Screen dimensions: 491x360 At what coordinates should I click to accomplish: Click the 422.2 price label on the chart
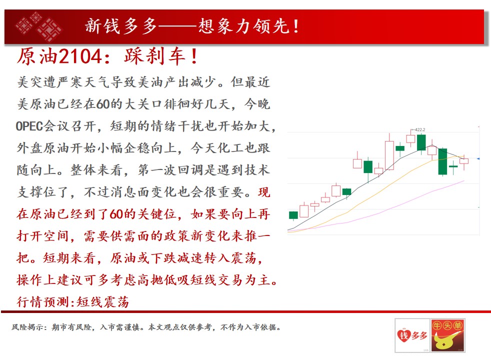pos(420,129)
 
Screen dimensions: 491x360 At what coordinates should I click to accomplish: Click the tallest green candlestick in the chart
pos(442,162)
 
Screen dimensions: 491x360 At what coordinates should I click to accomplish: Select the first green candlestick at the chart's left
pos(293,215)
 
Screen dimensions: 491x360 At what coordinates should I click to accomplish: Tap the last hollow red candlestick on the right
pos(464,161)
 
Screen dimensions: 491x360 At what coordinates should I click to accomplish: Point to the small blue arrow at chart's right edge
pos(478,159)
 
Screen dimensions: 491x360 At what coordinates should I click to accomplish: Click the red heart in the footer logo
pos(403,336)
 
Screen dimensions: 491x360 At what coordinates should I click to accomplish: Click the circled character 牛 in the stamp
pos(437,325)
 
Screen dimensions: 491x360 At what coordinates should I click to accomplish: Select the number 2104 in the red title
pos(80,56)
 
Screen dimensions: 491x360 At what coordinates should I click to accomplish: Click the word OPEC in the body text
pos(29,126)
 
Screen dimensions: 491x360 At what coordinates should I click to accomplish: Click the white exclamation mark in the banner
pos(296,26)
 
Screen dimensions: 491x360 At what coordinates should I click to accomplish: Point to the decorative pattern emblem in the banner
pos(39,26)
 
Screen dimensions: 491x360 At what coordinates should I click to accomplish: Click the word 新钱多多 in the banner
pos(121,26)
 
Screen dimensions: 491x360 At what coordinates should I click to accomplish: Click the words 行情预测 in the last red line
pos(43,302)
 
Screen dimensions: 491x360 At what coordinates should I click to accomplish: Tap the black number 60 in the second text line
pos(102,104)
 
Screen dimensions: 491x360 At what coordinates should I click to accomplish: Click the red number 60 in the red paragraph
pos(116,214)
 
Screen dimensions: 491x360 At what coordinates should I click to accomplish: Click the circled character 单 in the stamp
pos(457,325)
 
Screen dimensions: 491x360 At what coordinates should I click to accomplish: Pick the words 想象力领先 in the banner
pos(243,26)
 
